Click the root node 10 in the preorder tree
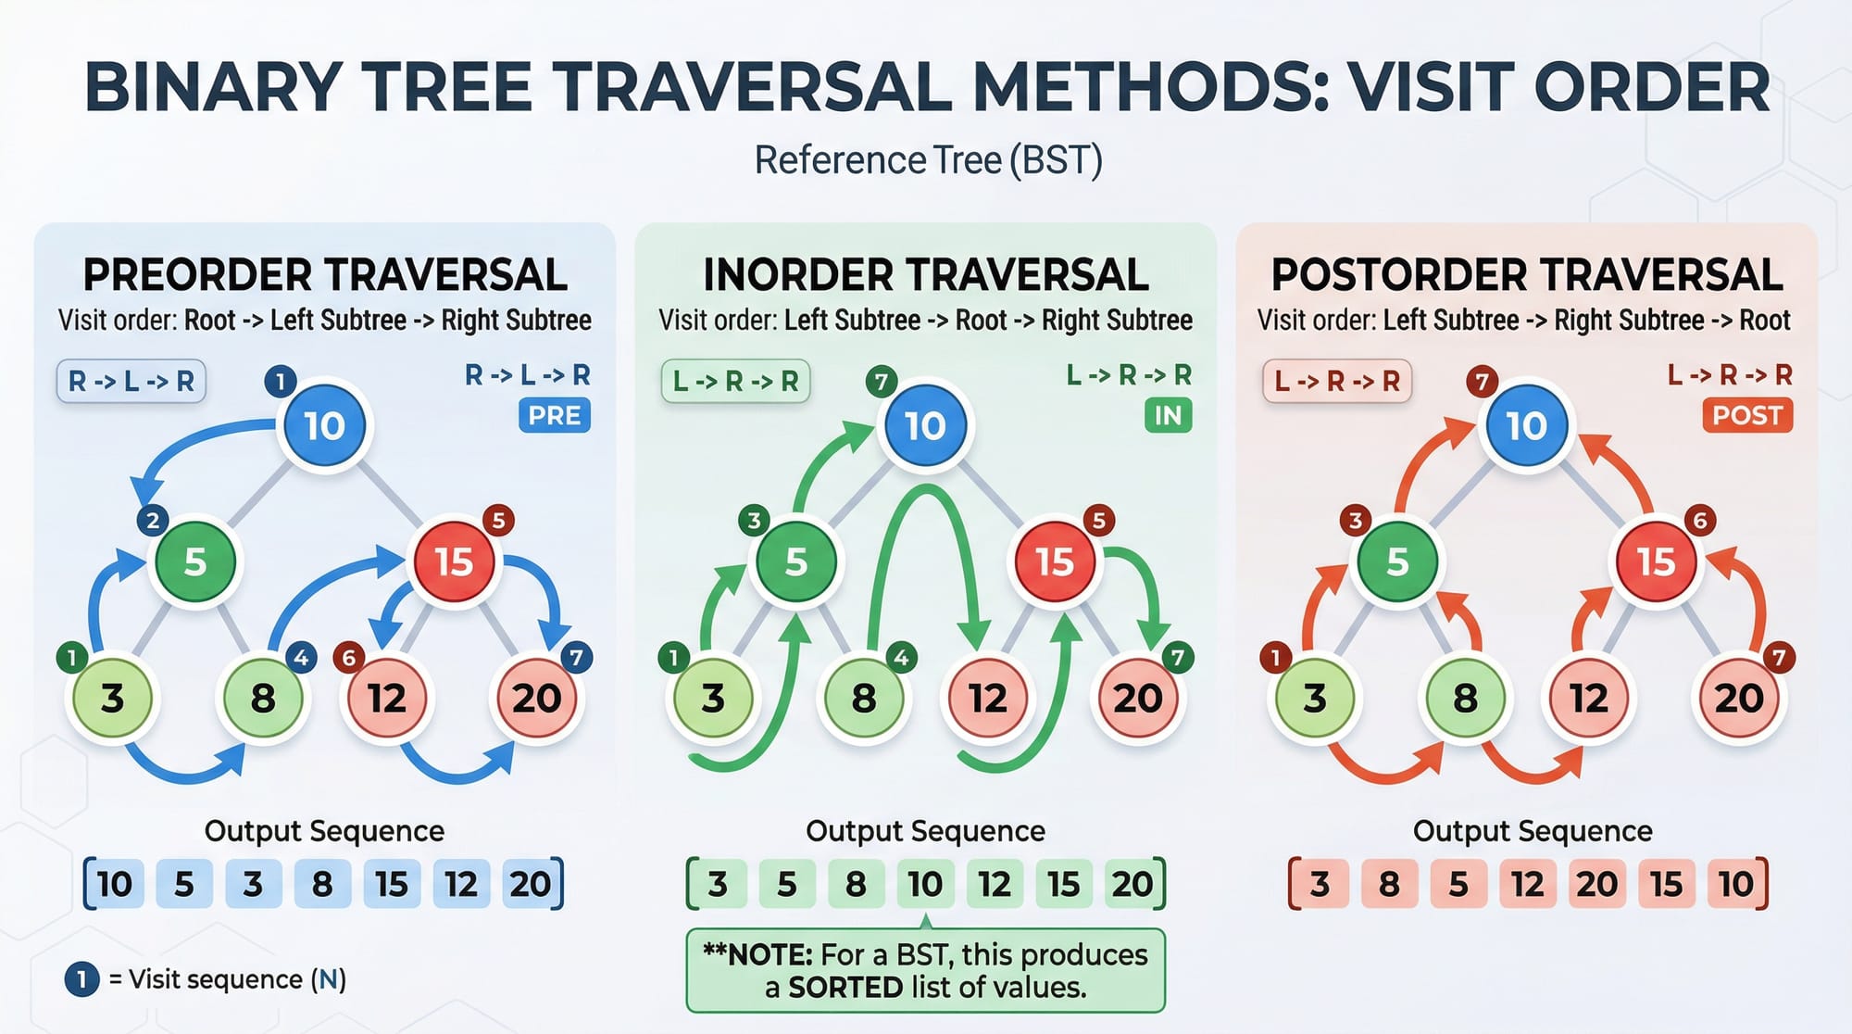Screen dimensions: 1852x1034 pos(324,425)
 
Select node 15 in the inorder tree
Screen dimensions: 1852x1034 pos(1054,561)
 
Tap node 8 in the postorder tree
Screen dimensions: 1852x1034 pos(1465,698)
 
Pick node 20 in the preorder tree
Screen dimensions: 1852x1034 pos(537,698)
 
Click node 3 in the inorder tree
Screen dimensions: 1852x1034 pos(712,698)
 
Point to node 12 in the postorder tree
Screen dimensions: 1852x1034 pos(1588,698)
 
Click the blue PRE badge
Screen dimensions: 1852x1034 pos(555,415)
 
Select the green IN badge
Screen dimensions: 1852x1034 pos(1169,415)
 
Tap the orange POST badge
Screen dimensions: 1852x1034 pos(1747,415)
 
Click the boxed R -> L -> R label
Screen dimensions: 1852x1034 pos(131,381)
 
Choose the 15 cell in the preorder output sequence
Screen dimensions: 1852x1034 pos(392,884)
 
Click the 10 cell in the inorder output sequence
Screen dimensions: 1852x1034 pos(925,884)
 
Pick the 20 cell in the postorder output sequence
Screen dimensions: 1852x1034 pos(1597,884)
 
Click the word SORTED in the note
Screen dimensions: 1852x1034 pos(845,988)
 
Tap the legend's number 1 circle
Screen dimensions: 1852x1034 pos(81,979)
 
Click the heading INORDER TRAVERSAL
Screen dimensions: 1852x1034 pos(926,274)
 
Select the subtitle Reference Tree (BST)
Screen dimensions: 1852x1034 pos(928,160)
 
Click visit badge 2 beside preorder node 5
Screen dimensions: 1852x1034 pos(153,521)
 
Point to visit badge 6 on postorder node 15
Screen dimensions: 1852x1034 pos(1700,521)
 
